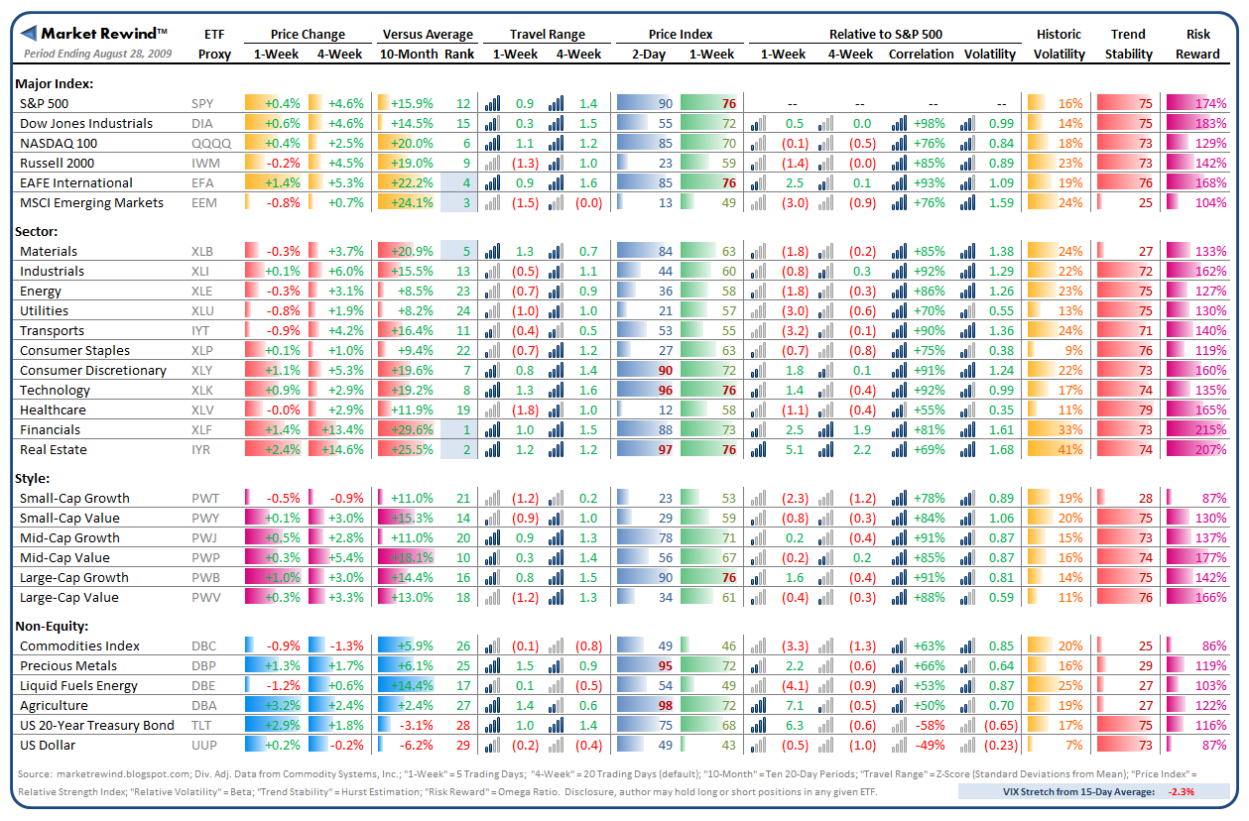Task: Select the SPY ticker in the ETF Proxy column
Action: (202, 103)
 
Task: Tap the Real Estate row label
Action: (54, 449)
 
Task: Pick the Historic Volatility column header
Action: (1059, 44)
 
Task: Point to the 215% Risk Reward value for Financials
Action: (1210, 429)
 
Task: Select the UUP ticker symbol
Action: (203, 745)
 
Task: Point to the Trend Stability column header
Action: (1129, 44)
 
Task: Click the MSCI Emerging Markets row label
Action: (92, 202)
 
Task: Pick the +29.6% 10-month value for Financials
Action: (412, 429)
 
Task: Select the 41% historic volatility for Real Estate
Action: (1069, 449)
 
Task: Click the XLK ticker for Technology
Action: (201, 390)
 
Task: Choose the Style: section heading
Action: (33, 477)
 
